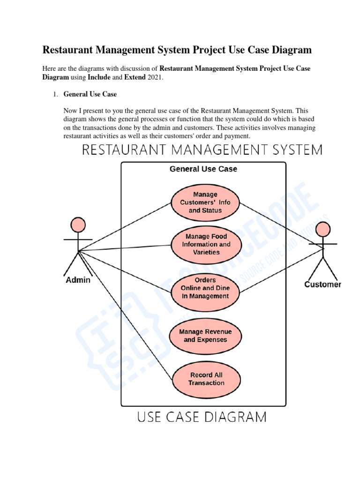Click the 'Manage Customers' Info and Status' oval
(x=205, y=202)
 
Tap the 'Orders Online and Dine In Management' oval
(x=205, y=288)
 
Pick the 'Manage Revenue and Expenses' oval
(x=205, y=336)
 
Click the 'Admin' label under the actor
(x=77, y=280)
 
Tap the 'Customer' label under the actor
(x=322, y=285)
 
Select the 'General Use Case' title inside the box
(x=203, y=169)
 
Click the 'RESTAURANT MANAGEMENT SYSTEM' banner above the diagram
(x=202, y=150)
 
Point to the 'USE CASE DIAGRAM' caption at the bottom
(x=202, y=416)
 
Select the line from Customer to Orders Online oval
(x=281, y=270)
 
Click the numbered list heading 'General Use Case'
(x=90, y=94)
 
